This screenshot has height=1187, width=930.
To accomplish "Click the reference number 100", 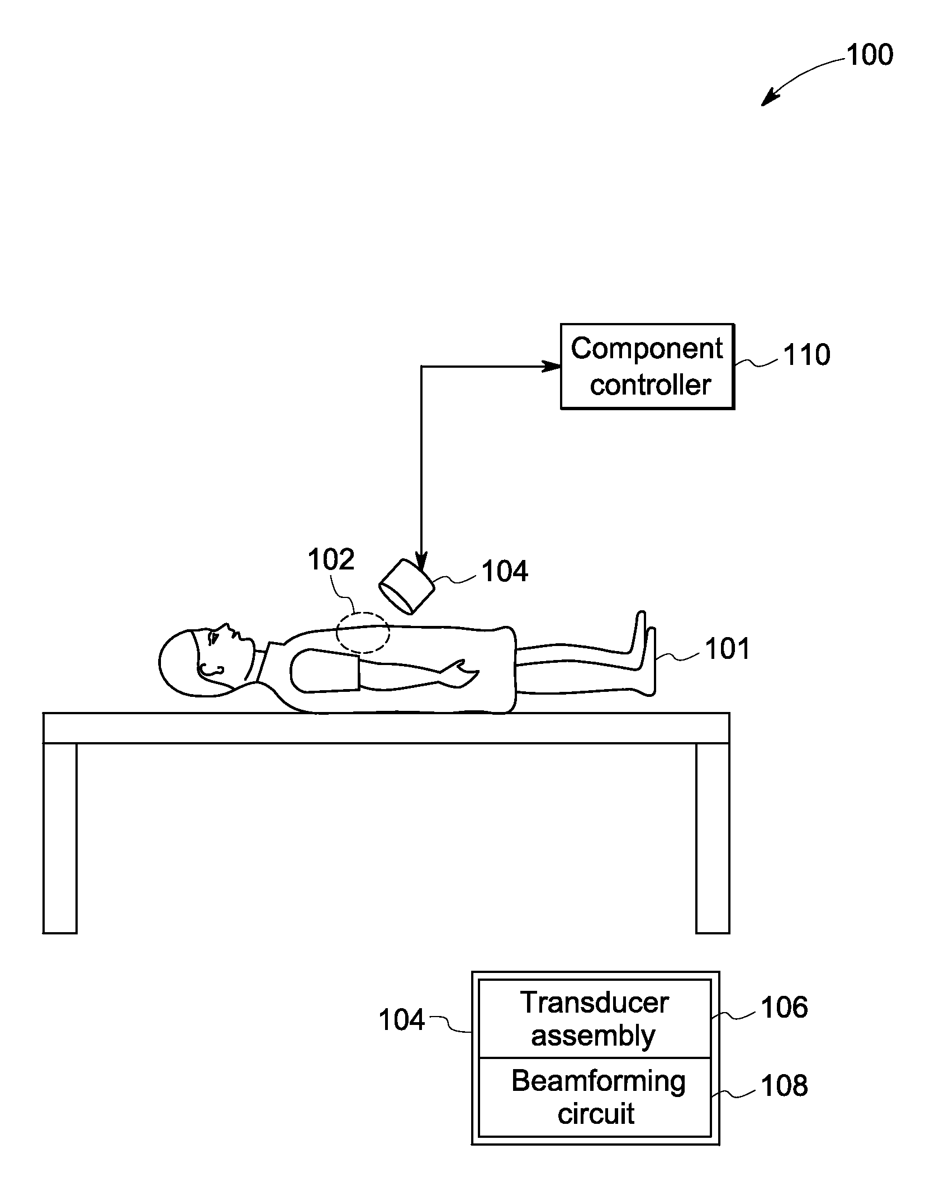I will coord(870,55).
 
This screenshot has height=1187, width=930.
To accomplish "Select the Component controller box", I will coord(647,367).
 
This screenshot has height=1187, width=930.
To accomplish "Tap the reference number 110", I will coord(806,355).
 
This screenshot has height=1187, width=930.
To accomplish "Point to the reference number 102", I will coord(331,559).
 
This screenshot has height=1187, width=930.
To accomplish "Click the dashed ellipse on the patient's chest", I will coord(363,632).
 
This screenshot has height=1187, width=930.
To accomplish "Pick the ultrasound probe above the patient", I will coord(406,586).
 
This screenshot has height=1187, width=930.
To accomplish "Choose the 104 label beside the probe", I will coord(505,572).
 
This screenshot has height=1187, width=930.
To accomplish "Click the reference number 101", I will coord(727,649).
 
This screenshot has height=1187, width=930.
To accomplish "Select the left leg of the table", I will coord(60,838).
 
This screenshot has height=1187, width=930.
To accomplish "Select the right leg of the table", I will coord(713,838).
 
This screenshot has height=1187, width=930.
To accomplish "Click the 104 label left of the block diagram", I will coord(402,1020).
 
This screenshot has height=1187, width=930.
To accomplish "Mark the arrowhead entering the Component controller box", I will coord(553,367).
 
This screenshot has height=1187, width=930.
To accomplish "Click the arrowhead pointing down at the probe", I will coord(421,562).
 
